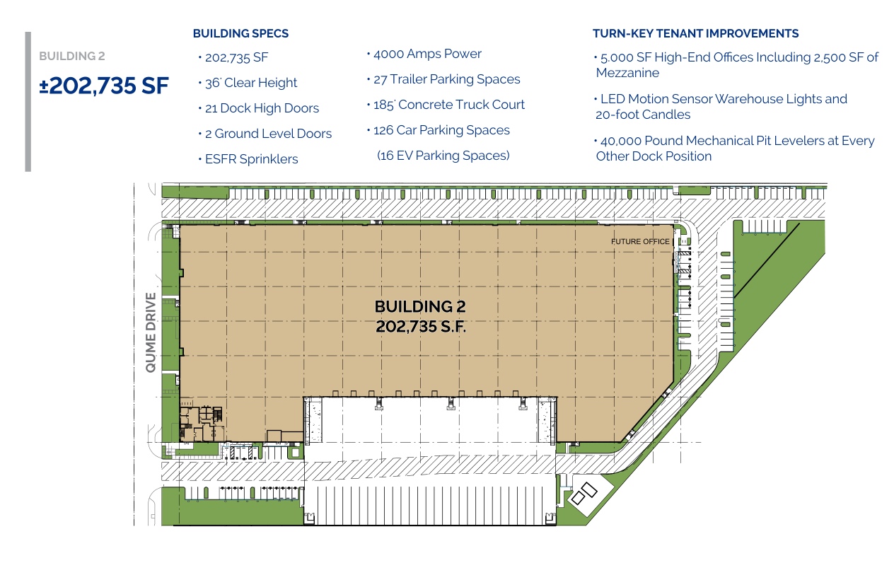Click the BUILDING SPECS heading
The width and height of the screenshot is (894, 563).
coord(240,33)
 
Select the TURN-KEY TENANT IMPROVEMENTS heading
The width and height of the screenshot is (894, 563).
coord(696,33)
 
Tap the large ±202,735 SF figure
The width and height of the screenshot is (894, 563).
coord(104,86)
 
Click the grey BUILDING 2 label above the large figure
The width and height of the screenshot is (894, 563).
coord(72,57)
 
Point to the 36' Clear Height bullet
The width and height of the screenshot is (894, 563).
coord(251,83)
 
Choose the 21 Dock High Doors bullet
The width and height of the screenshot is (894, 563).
coord(262,108)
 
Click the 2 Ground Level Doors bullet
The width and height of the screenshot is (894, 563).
coord(268,133)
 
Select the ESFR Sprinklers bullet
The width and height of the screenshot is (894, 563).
coord(252,159)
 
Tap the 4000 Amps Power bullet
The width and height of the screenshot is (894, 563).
coord(427,54)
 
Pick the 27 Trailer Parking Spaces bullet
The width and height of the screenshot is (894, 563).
coord(446,79)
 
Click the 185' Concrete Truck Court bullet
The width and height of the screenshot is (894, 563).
coord(449,105)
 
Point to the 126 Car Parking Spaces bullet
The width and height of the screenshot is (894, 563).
coord(441,130)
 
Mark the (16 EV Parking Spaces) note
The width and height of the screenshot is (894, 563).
coord(443,155)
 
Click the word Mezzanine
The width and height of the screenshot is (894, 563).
coord(627,73)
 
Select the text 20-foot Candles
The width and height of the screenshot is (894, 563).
coord(643,115)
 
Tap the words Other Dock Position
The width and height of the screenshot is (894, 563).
coord(654,156)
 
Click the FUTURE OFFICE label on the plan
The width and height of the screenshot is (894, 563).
coord(640,241)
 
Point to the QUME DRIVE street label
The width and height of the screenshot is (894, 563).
coord(151,332)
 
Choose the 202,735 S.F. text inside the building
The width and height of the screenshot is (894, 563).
coord(421,326)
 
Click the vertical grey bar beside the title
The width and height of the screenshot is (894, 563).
coord(28,102)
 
